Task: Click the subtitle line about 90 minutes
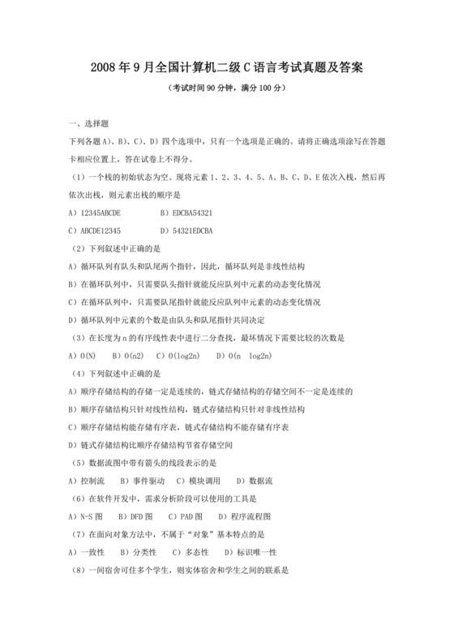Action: coord(226,88)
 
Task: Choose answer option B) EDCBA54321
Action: coord(187,213)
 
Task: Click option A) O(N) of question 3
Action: coord(84,355)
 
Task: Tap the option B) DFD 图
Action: coord(136,516)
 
